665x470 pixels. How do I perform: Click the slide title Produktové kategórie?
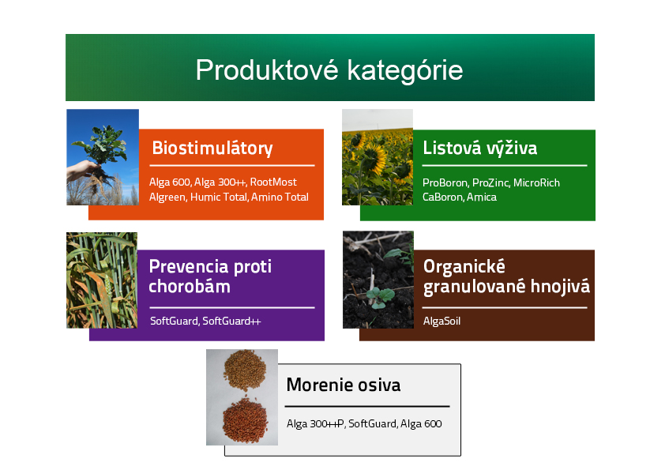click(329, 70)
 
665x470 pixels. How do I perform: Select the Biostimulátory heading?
click(212, 149)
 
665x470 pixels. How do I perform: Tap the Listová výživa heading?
click(480, 149)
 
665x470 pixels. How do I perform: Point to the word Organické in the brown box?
click(464, 266)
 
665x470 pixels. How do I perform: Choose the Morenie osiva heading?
click(344, 385)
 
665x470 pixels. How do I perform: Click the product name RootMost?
click(273, 182)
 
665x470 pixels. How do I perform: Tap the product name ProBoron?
click(445, 182)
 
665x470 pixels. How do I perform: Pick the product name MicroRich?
click(536, 182)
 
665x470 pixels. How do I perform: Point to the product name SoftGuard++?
click(231, 321)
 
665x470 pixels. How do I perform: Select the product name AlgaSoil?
click(441, 321)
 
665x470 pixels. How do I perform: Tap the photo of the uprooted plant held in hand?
click(103, 157)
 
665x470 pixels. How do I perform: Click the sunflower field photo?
click(378, 157)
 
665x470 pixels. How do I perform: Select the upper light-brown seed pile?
click(245, 370)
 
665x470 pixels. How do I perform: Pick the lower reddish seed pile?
click(245, 419)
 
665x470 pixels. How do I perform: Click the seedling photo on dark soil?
click(378, 280)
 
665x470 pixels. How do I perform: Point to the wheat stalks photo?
click(102, 280)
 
